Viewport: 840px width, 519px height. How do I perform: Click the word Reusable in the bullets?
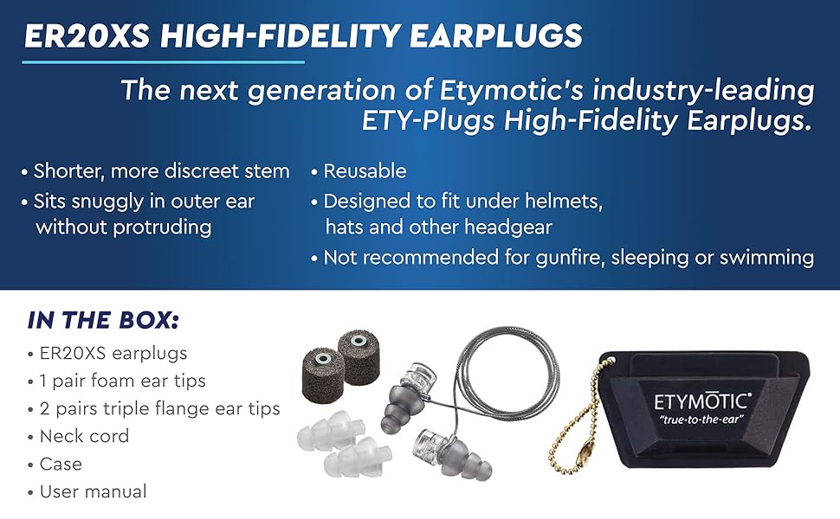pos(365,171)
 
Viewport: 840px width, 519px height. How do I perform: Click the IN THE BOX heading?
pos(103,320)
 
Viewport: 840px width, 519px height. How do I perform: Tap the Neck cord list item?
pos(84,436)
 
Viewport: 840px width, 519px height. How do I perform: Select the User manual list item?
pos(93,491)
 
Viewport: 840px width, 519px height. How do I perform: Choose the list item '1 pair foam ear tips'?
pos(122,381)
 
